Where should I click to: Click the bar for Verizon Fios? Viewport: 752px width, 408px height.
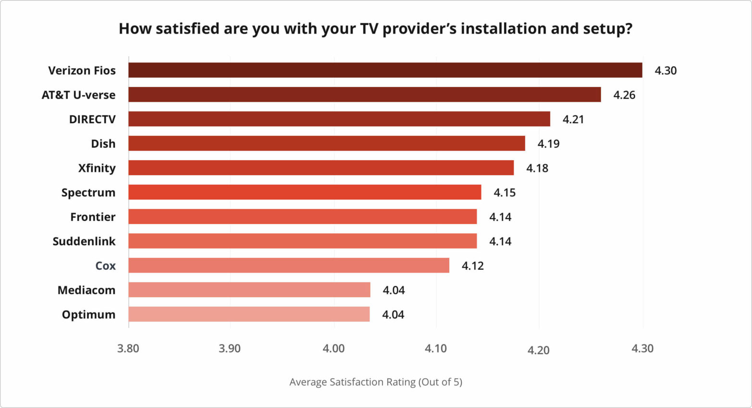[x=385, y=70]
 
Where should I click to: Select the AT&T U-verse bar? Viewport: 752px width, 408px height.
[x=364, y=95]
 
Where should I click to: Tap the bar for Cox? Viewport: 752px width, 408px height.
[x=289, y=265]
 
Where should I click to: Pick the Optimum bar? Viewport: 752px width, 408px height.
[x=249, y=314]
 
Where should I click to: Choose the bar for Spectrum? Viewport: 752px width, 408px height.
[x=305, y=192]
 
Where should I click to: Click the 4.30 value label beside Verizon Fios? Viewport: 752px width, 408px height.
[x=666, y=71]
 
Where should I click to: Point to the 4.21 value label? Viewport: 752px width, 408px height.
[x=573, y=120]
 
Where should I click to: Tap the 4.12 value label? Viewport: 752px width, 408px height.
[x=473, y=266]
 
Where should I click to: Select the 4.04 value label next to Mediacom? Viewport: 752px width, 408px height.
[x=394, y=290]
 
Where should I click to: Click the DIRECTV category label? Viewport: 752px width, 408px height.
[x=92, y=120]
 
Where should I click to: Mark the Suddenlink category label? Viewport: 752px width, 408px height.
[x=84, y=241]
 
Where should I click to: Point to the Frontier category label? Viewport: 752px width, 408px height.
[x=93, y=217]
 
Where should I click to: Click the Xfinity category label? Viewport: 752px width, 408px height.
[x=97, y=168]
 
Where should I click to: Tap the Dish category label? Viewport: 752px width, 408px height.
[x=103, y=144]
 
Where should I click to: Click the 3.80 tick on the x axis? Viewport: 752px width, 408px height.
[x=128, y=348]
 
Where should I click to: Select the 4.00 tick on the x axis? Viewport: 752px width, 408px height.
[x=334, y=348]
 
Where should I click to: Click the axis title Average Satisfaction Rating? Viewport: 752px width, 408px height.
[x=375, y=382]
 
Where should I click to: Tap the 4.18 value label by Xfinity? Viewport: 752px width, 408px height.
[x=537, y=168]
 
